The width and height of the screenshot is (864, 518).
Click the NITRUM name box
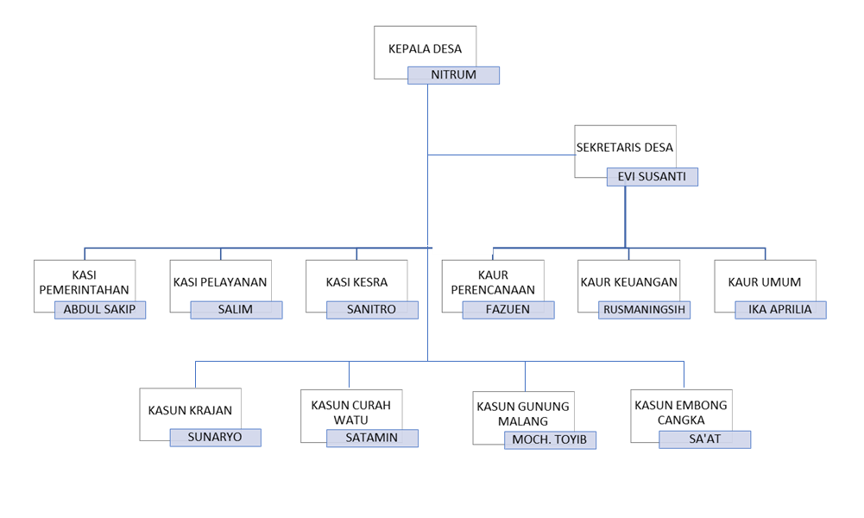(453, 75)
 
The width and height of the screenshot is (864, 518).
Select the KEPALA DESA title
(425, 49)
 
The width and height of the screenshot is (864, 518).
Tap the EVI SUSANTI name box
(652, 177)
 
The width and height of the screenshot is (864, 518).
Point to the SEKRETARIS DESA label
(625, 148)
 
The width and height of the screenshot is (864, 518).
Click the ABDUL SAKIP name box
(100, 310)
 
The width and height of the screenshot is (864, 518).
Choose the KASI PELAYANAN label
(220, 282)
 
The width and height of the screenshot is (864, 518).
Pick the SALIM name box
(236, 310)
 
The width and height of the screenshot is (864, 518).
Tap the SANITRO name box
(372, 310)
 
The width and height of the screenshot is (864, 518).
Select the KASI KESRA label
(356, 282)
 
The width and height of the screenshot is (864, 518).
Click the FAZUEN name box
(508, 310)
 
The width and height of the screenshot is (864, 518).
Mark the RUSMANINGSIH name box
(645, 310)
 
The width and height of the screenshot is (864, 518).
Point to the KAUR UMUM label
(764, 282)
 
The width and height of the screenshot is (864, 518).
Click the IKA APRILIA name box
(780, 310)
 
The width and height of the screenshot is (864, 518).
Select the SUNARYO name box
(215, 438)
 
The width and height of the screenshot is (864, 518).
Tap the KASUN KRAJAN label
(190, 411)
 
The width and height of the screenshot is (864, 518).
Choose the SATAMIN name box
(372, 438)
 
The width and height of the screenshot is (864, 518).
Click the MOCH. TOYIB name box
(550, 440)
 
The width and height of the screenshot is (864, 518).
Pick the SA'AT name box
(704, 439)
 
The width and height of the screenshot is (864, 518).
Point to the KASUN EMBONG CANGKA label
(681, 413)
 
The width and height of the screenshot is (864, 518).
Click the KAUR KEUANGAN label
(629, 282)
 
